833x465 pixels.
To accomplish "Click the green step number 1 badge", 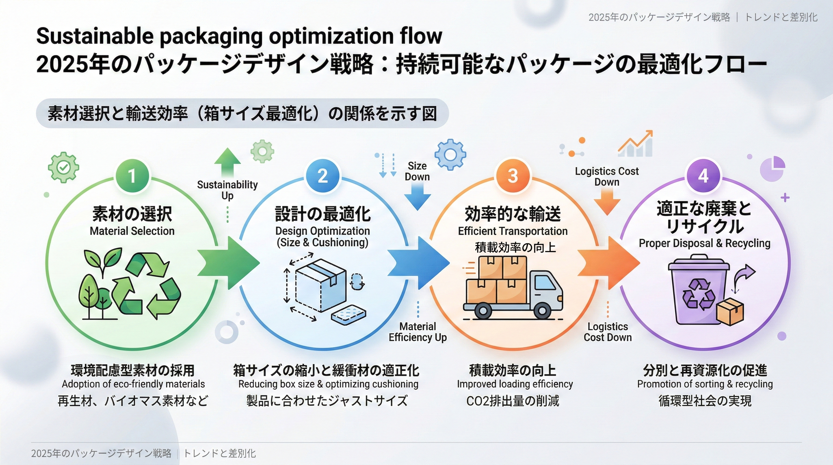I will tap(132, 176).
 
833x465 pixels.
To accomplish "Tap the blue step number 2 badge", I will tap(322, 176).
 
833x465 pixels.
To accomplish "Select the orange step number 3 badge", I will tap(513, 176).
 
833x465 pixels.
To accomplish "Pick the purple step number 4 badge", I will tap(703, 176).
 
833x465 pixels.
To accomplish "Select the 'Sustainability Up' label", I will tap(227, 190).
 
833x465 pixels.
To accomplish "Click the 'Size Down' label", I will tap(417, 171).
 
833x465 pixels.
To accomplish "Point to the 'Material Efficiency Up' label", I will tap(417, 332).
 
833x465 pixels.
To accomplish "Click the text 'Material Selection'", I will tap(132, 231).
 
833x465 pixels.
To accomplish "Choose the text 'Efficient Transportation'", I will tap(512, 231).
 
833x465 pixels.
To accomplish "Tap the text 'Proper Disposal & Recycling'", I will tap(704, 243).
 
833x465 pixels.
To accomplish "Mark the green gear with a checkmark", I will tap(63, 167).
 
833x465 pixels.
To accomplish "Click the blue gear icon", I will tap(450, 155).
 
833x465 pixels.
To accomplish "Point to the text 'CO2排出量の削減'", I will tap(512, 401).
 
